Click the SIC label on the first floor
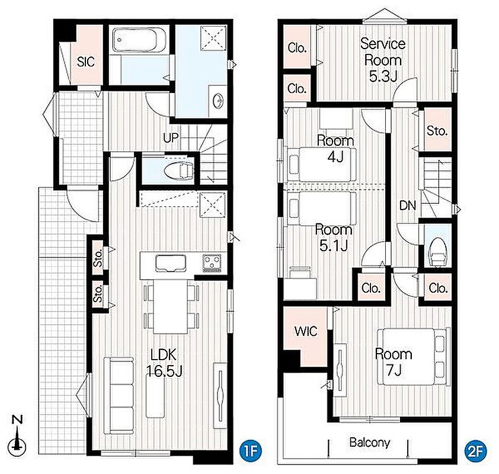(x=85, y=62)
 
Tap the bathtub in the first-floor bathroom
(x=140, y=41)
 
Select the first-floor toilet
(x=179, y=171)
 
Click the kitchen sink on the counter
(x=171, y=264)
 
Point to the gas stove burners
(x=212, y=264)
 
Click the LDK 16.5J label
(x=164, y=363)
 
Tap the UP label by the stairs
(x=171, y=137)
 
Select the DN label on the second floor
(x=408, y=206)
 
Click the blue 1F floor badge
(x=251, y=450)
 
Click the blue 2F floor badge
(x=475, y=450)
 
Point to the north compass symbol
(x=17, y=436)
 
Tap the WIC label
(x=306, y=331)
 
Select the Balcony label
(x=369, y=443)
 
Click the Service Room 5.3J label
(x=383, y=60)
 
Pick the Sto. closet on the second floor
(x=437, y=131)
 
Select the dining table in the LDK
(x=171, y=307)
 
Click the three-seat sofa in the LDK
(x=119, y=395)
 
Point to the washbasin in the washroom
(x=218, y=101)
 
